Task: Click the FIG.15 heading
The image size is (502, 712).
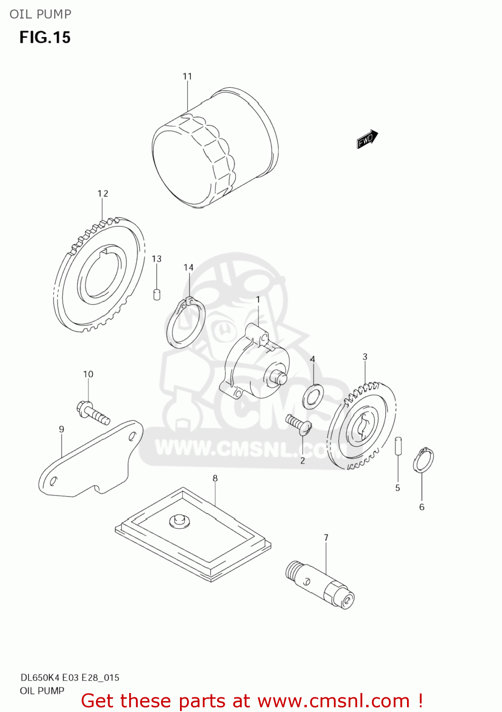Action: point(45,37)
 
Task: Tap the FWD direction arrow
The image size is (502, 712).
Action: point(367,139)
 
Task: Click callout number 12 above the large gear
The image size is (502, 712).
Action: point(103,194)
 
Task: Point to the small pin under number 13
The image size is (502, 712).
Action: point(157,294)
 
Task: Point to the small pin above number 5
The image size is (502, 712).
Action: point(399,446)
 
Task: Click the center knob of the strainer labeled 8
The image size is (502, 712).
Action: point(179,520)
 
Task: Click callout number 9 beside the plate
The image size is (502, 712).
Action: point(61,430)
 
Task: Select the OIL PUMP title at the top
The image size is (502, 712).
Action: point(40,14)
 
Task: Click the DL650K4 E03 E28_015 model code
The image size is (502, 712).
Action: point(70,677)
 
